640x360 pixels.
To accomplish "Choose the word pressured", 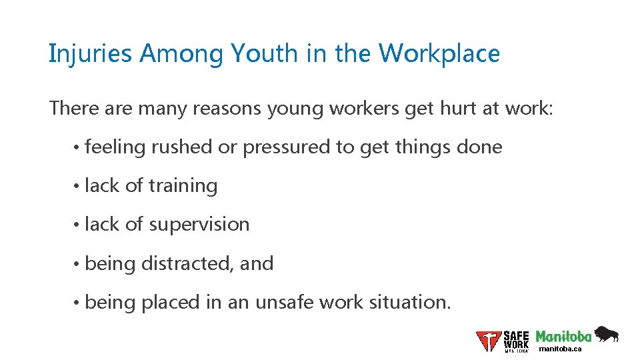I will click(287, 147).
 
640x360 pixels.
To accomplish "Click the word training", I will click(183, 186).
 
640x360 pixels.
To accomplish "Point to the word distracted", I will click(187, 263).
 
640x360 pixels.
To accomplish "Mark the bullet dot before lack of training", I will click(78, 186).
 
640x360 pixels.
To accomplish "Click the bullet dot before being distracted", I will click(78, 264).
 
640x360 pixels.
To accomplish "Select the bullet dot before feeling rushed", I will click(78, 147).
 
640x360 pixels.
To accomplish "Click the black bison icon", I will click(607, 334).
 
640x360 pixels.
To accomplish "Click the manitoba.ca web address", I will click(560, 349).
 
